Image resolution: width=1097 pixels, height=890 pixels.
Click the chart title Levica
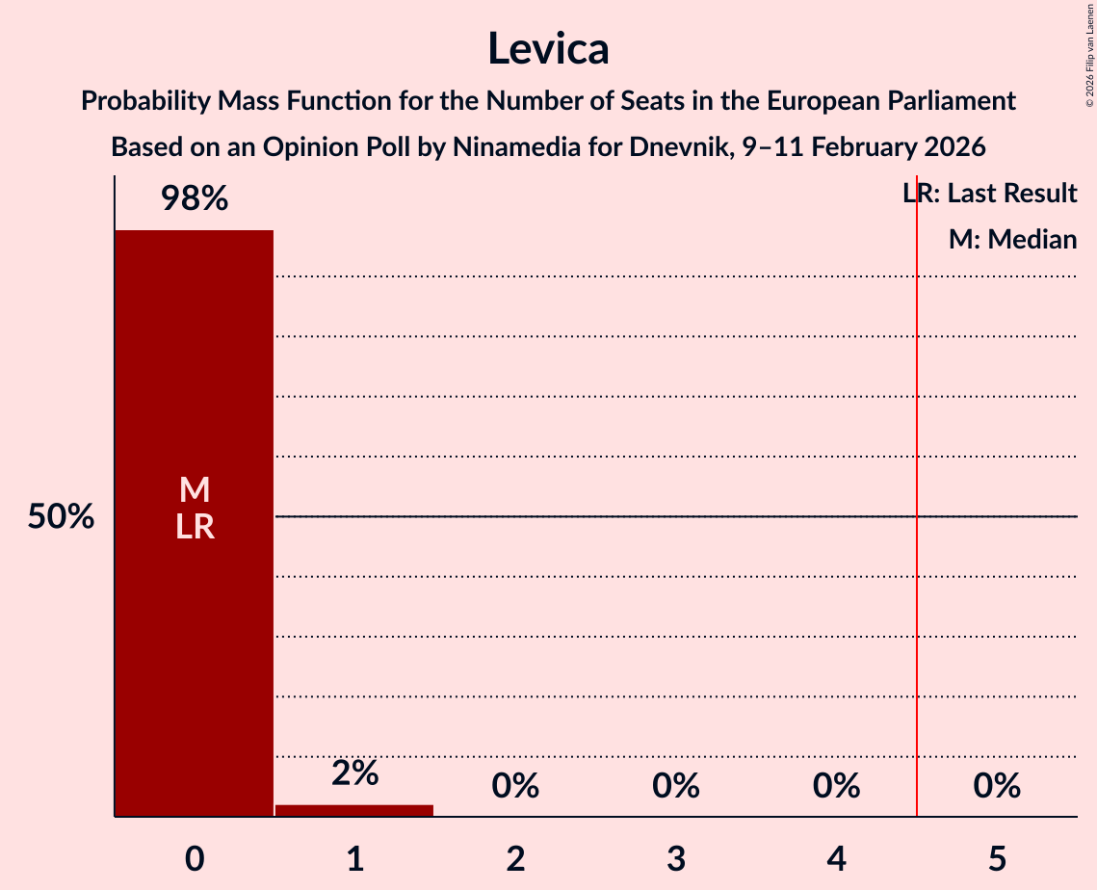(x=548, y=48)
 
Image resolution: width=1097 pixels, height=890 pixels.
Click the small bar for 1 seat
(x=354, y=810)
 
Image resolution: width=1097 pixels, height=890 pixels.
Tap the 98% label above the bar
(x=195, y=199)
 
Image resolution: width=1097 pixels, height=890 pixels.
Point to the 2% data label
(x=354, y=772)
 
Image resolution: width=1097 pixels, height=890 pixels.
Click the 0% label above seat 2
(x=515, y=786)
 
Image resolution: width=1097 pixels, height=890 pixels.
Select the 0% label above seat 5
(x=997, y=786)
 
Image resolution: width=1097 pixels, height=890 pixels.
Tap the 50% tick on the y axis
(x=61, y=517)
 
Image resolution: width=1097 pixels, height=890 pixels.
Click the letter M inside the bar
(x=195, y=490)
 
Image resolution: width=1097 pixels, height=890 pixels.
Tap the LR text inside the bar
(x=195, y=527)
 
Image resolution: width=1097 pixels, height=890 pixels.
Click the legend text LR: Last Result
(x=990, y=194)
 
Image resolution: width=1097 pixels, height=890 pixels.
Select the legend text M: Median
(x=1012, y=240)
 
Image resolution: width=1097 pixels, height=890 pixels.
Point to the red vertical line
(x=917, y=578)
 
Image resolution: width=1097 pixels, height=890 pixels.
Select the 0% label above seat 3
(x=676, y=786)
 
